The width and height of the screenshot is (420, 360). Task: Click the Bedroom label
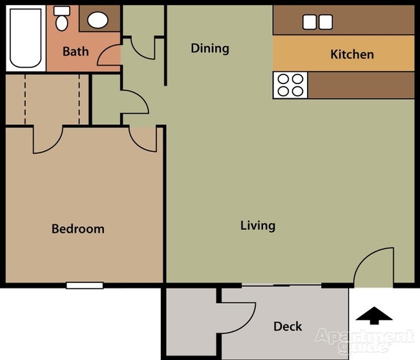coord(78,229)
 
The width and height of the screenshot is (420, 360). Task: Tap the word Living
coord(258,226)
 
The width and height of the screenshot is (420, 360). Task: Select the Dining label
coord(210,48)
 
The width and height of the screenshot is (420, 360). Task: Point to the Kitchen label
coord(352,54)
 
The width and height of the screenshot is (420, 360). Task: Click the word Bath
coord(75,51)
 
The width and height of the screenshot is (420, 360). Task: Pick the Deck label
coord(288,326)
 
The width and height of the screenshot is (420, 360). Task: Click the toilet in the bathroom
coord(62,19)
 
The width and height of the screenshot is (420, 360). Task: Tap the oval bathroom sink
coord(98,19)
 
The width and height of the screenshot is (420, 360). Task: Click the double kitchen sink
coord(317,21)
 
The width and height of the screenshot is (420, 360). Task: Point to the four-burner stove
coord(290,85)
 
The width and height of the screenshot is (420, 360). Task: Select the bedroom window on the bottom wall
coord(85,285)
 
